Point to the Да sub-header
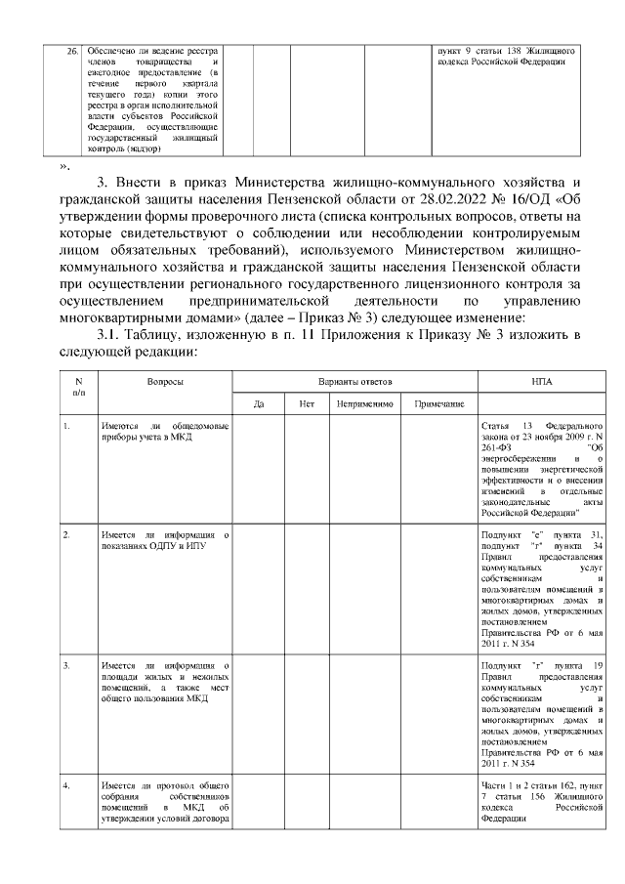click(x=259, y=402)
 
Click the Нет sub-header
click(x=306, y=402)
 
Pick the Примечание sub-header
click(x=438, y=402)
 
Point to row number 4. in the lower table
click(x=65, y=785)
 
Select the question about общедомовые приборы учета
click(x=165, y=433)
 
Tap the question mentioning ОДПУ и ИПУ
click(x=165, y=540)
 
